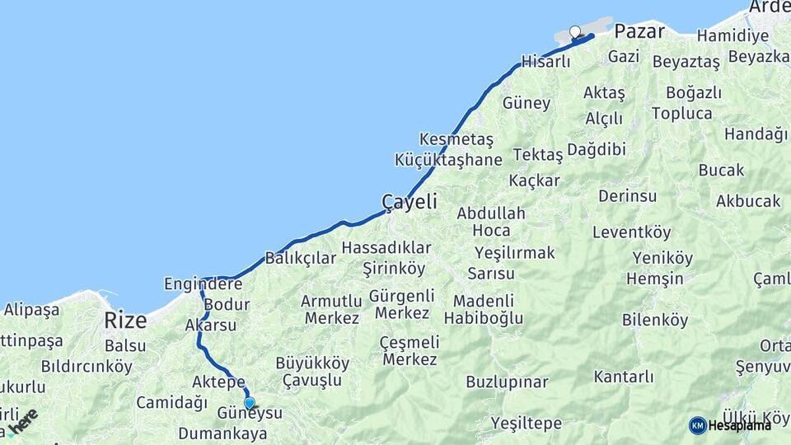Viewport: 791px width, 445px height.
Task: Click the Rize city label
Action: pyautogui.click(x=125, y=320)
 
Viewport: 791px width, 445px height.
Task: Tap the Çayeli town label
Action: pyautogui.click(x=409, y=202)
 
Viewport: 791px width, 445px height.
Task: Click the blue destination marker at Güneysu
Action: pyautogui.click(x=249, y=402)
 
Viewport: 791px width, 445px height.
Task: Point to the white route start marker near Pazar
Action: pyautogui.click(x=575, y=32)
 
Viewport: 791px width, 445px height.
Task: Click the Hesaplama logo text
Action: pyautogui.click(x=739, y=425)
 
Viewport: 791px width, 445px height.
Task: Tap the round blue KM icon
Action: pyautogui.click(x=697, y=425)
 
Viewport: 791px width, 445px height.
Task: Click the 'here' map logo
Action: pyautogui.click(x=22, y=422)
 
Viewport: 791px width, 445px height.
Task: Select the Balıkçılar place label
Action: pyautogui.click(x=301, y=258)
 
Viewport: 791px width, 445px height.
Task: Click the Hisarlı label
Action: pyautogui.click(x=545, y=62)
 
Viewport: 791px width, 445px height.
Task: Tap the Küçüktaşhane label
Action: pyautogui.click(x=448, y=160)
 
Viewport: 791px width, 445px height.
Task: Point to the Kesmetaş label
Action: pyautogui.click(x=456, y=139)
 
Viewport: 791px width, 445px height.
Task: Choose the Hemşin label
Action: pyautogui.click(x=654, y=279)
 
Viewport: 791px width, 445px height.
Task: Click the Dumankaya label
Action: pyautogui.click(x=222, y=433)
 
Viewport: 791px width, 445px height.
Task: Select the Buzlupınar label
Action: pyautogui.click(x=507, y=382)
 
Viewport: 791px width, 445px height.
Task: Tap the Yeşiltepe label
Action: pyautogui.click(x=526, y=424)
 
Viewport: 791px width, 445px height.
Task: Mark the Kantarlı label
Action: pyautogui.click(x=623, y=377)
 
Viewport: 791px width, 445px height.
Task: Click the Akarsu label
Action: pyautogui.click(x=210, y=326)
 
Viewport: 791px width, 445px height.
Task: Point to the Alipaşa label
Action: pyautogui.click(x=32, y=310)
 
